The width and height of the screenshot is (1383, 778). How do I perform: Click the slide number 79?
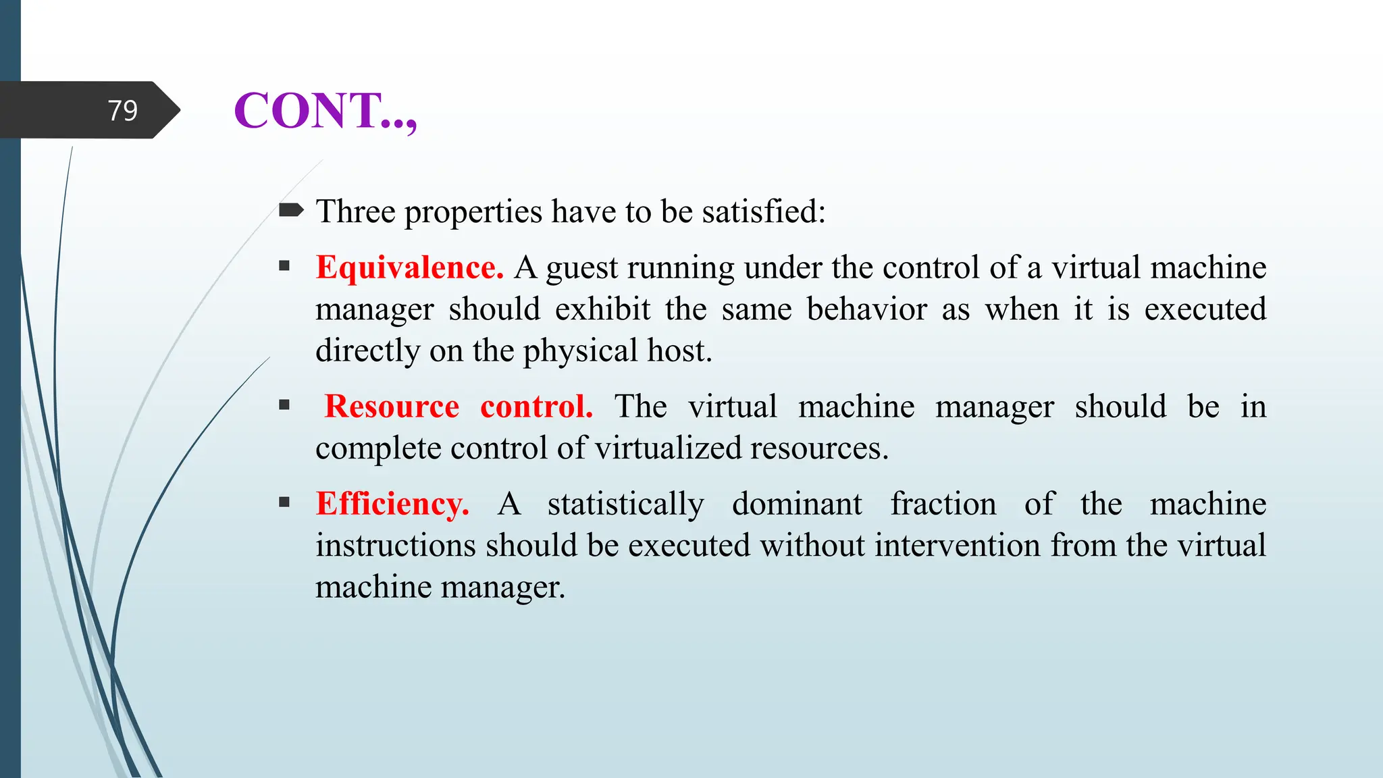[x=122, y=110]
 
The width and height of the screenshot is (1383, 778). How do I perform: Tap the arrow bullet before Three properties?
[x=291, y=211]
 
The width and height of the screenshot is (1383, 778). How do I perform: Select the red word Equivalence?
[x=409, y=267]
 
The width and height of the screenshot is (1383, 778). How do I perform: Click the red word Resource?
[x=392, y=407]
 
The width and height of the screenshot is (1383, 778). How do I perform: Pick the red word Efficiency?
[x=392, y=504]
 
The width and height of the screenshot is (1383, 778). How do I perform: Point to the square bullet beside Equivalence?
[x=284, y=266]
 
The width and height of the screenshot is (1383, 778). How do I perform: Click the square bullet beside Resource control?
[x=284, y=405]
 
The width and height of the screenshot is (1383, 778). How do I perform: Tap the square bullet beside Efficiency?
[x=284, y=502]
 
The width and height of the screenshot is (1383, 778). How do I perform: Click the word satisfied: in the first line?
[x=763, y=211]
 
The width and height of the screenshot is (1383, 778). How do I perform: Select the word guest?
[x=581, y=269]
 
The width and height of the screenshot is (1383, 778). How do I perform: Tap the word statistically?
[x=625, y=505]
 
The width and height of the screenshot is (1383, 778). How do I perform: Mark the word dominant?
[x=797, y=504]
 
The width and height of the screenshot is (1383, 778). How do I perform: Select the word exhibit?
[x=602, y=309]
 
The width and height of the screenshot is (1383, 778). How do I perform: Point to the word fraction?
[x=943, y=504]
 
